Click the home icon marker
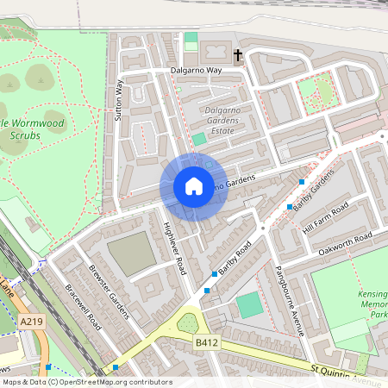[x=193, y=185]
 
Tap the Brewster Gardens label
[x=110, y=290]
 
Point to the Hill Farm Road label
[x=325, y=218]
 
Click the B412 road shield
[x=203, y=343]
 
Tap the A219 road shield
[x=31, y=322]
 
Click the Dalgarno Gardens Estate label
[x=227, y=121]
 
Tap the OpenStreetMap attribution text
[x=86, y=382]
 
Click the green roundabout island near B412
[x=187, y=324]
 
